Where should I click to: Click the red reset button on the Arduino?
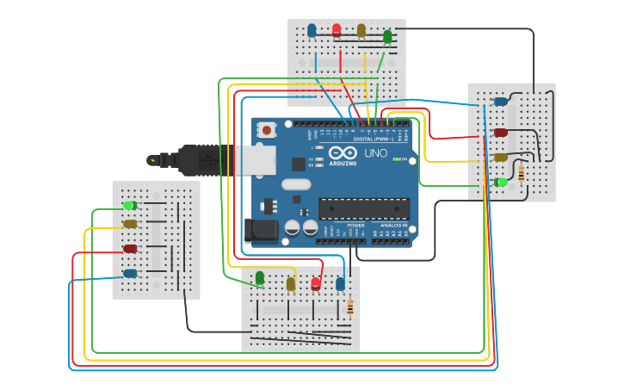tap(267, 130)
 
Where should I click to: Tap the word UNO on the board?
tap(376, 153)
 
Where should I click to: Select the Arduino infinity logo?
tap(343, 152)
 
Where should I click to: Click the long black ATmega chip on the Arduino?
tap(363, 208)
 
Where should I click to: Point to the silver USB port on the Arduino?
tap(256, 159)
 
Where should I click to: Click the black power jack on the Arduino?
tap(261, 229)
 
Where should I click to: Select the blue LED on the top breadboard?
tap(312, 31)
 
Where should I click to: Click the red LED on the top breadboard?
tap(337, 31)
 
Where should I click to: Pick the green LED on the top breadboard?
tap(387, 36)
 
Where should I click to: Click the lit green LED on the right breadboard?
tap(501, 182)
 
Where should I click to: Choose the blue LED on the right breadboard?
tap(500, 102)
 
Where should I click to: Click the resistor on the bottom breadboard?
tap(349, 306)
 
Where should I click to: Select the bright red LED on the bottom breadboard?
tap(316, 282)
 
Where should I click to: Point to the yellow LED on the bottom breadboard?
tap(291, 283)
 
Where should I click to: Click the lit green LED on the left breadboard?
tap(129, 205)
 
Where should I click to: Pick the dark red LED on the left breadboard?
tap(130, 249)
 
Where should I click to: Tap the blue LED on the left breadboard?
tap(130, 274)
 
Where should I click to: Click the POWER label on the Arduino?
tap(355, 226)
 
